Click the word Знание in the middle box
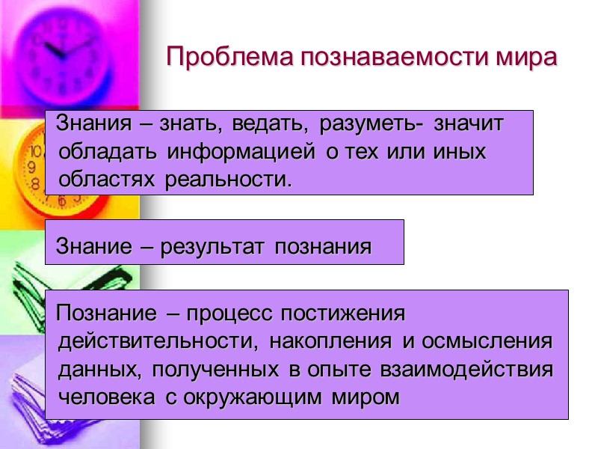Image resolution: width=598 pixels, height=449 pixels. pos(93,246)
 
